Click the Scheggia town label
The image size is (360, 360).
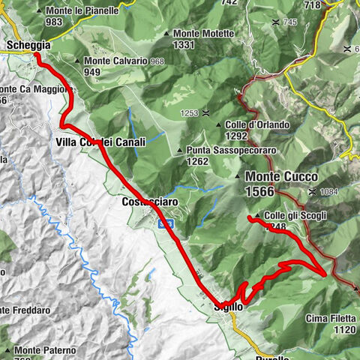(x=28, y=46)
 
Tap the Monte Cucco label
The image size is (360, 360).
(x=280, y=177)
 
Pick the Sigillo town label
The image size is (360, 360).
(x=228, y=307)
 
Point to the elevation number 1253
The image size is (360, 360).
(x=189, y=112)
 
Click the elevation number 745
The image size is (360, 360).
(x=289, y=22)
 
